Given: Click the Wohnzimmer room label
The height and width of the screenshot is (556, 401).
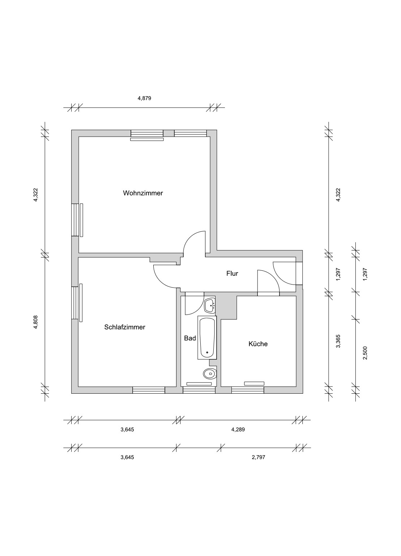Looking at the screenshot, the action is tap(143, 193).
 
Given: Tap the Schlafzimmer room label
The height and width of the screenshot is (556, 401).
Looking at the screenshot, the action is tap(125, 327).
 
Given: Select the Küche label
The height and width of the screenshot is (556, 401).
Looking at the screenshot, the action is tap(258, 344).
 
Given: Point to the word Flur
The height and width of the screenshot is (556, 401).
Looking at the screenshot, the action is tap(232, 274).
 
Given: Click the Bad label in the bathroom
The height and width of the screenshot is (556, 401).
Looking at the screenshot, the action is tap(190, 338).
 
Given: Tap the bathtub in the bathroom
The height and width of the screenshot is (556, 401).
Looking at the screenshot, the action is tap(207, 337).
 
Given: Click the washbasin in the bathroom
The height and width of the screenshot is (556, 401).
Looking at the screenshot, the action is tap(210, 305).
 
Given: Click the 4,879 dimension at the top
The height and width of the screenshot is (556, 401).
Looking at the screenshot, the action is tap(144, 98).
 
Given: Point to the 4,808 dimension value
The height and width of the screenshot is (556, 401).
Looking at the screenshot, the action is tap(36, 322).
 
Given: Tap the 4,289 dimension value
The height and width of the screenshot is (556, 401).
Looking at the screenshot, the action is tap(238, 429).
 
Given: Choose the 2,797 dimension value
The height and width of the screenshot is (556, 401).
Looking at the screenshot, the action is tap(259, 457).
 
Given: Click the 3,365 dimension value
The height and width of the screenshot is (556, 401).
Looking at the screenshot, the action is tap(338, 341).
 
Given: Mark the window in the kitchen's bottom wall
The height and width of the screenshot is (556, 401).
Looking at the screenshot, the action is tap(248, 390).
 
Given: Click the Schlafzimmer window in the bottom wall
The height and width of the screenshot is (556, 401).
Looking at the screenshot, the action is tap(149, 390).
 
